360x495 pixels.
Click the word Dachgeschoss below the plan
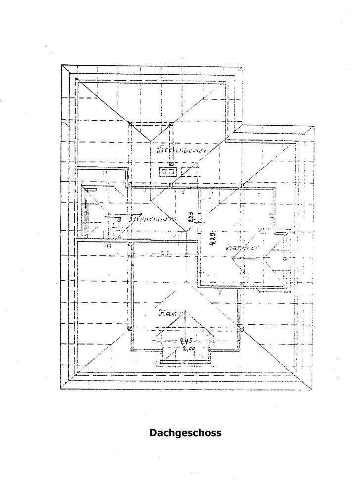tap(185, 433)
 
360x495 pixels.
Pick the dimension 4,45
tap(186, 341)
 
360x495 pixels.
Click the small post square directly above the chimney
tap(170, 164)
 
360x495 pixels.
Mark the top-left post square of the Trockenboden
tap(130, 123)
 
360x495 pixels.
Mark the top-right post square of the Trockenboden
tap(171, 123)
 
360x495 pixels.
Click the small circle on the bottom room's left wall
tap(130, 328)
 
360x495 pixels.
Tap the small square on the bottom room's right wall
tap(242, 328)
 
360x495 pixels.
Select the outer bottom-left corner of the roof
tap(61, 390)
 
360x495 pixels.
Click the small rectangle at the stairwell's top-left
tap(90, 188)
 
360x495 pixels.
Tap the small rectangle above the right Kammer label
tap(280, 232)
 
